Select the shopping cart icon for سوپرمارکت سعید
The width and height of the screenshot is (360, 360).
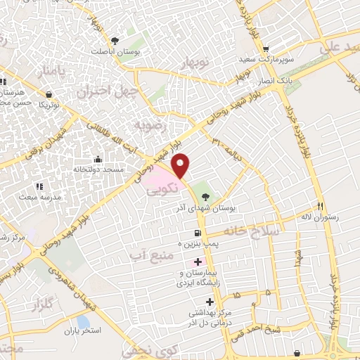point(266,49)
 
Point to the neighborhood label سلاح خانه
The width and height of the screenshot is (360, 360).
point(252,231)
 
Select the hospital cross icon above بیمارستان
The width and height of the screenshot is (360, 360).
point(198,262)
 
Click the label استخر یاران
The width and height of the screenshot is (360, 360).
point(84,330)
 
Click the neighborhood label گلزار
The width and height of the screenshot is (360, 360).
point(43,305)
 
